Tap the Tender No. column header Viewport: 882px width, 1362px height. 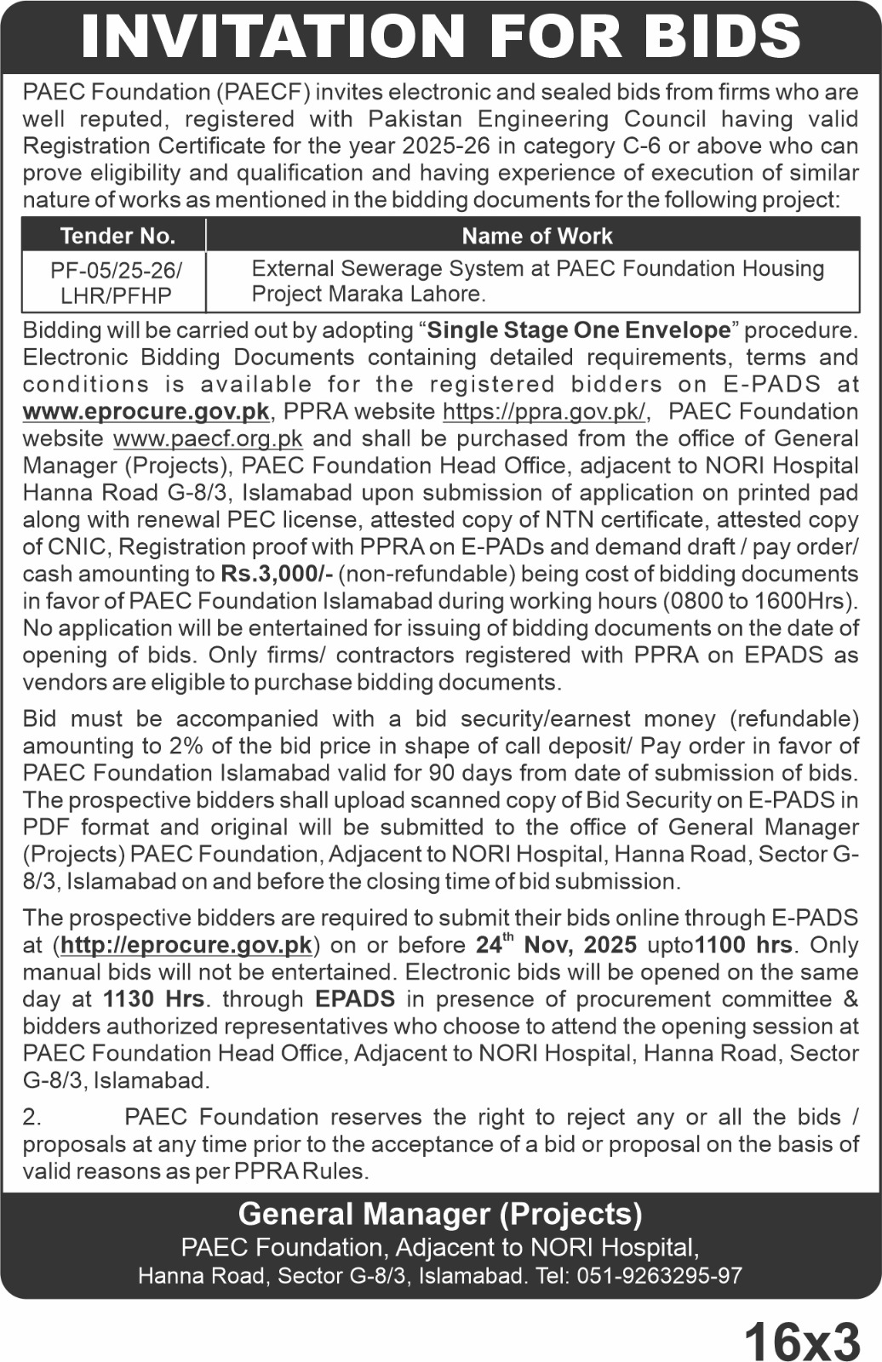click(117, 236)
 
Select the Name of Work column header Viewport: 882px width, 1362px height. click(536, 236)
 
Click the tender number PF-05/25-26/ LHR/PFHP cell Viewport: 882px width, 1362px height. click(116, 283)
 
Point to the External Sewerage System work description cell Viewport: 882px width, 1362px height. click(536, 281)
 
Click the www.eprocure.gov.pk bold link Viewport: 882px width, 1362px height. click(146, 412)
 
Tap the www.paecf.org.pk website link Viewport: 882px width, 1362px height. click(208, 439)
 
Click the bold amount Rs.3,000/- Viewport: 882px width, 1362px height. click(276, 575)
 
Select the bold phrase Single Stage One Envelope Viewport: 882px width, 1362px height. click(579, 330)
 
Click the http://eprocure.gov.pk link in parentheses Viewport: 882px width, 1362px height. click(186, 946)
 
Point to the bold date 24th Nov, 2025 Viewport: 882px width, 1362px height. click(556, 945)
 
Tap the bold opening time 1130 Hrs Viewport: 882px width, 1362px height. click(153, 999)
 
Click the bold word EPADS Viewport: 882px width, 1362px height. click(355, 999)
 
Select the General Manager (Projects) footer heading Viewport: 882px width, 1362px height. click(440, 1214)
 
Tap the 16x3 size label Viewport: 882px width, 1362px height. click(802, 1342)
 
